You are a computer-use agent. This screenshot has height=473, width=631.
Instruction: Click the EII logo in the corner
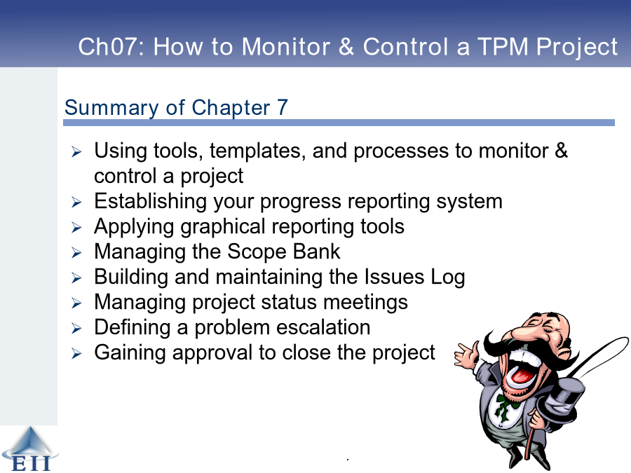(x=29, y=449)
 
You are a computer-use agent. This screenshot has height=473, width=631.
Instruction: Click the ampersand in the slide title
(x=346, y=46)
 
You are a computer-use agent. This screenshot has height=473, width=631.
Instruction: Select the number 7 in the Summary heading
(x=283, y=107)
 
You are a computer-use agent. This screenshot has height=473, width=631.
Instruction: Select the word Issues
(x=394, y=277)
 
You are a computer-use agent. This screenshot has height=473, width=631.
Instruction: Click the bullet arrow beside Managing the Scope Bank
(x=76, y=252)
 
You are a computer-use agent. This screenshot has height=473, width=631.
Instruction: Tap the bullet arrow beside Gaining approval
(x=76, y=354)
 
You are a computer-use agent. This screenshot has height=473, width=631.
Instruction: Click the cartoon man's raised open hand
(x=466, y=354)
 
